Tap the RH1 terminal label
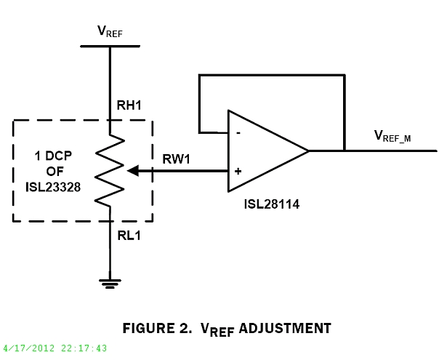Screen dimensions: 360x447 [x=129, y=105]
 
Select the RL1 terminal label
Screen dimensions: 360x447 [x=129, y=235]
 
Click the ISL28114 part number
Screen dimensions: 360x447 [x=272, y=205]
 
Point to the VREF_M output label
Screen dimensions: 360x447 [x=392, y=135]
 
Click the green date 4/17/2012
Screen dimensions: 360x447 [x=28, y=348]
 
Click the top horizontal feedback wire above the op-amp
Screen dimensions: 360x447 [x=270, y=74]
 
